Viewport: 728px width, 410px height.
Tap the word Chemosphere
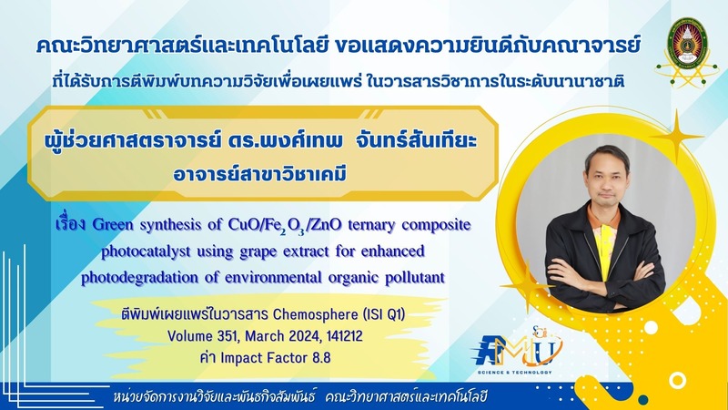(315, 314)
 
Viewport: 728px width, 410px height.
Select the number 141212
(345, 336)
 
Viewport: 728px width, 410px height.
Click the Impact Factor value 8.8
(320, 358)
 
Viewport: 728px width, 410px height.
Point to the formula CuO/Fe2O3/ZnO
(285, 225)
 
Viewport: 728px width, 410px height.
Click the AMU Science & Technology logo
(518, 352)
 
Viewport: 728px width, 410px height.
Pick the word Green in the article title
(113, 224)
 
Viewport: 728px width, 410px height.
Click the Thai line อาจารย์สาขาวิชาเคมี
(260, 174)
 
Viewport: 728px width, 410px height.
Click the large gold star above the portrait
(676, 136)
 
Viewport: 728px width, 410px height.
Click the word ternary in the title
(372, 225)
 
